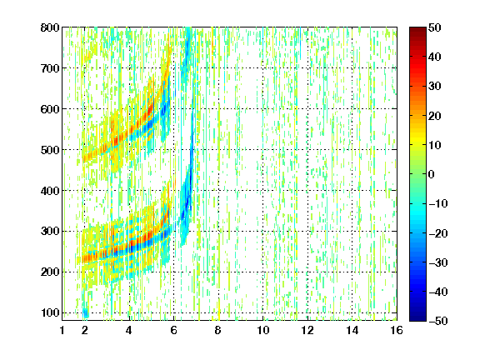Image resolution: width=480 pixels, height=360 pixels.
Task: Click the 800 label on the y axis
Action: (x=50, y=27)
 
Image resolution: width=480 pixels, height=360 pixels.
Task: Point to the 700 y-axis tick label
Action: (x=50, y=68)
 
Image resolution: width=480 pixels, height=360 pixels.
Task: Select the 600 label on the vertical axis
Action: (x=50, y=109)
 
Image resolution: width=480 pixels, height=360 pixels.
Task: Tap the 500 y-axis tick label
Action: (x=50, y=150)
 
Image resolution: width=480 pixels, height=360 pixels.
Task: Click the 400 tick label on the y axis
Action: (x=50, y=191)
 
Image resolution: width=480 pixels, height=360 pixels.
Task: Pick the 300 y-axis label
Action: (x=50, y=232)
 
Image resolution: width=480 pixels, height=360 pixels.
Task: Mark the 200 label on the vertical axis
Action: (x=50, y=272)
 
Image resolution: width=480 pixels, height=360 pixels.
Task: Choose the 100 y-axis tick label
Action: (x=50, y=312)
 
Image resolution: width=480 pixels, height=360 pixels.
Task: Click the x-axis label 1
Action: (x=62, y=330)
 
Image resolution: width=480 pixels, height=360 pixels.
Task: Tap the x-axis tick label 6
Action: (x=174, y=330)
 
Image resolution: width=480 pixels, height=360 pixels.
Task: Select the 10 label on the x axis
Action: (x=263, y=330)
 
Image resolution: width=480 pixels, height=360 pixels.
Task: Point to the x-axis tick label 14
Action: (x=352, y=330)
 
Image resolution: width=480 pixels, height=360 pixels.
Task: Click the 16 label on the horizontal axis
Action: (x=397, y=330)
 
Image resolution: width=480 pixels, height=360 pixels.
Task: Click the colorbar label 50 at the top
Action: (x=435, y=27)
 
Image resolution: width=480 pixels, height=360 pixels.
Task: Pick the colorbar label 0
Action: (x=432, y=174)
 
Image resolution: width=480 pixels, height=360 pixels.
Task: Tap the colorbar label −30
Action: (x=438, y=262)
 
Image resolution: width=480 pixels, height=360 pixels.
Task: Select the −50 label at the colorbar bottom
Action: (x=438, y=321)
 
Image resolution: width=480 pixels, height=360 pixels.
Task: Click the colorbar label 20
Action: (x=435, y=116)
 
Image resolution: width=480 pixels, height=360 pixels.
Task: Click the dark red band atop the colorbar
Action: (x=417, y=31)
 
